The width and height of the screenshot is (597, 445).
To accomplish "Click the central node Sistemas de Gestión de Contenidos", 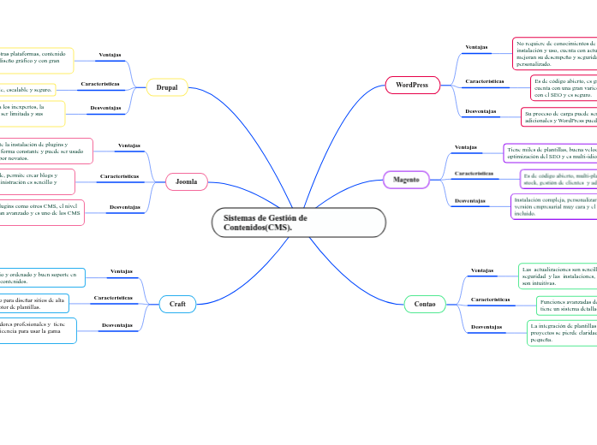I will tap(298, 222).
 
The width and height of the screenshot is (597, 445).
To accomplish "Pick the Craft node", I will tap(177, 304).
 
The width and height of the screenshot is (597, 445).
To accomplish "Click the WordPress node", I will tap(411, 85).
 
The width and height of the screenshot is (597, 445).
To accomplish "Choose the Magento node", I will tap(406, 179).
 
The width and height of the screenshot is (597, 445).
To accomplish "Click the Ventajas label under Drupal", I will tap(110, 56).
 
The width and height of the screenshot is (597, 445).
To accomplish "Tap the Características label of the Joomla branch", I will tap(118, 176).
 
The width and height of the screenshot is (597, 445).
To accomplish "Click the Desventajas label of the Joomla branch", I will tap(124, 207).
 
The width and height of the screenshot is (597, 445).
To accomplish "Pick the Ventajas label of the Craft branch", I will tap(122, 272).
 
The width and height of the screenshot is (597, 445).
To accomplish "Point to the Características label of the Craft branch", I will tap(112, 298).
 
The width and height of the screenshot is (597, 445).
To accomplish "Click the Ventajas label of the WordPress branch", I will tap(477, 47).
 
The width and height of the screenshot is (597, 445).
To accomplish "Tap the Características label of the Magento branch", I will tap(473, 173).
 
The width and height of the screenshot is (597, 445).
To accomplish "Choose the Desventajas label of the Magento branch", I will tap(470, 200).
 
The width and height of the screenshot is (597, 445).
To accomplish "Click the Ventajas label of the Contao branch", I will tap(482, 270).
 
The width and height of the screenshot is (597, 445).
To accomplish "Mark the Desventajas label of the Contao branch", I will tap(486, 327).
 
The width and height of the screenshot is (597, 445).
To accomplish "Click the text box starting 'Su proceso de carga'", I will tap(558, 116).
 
